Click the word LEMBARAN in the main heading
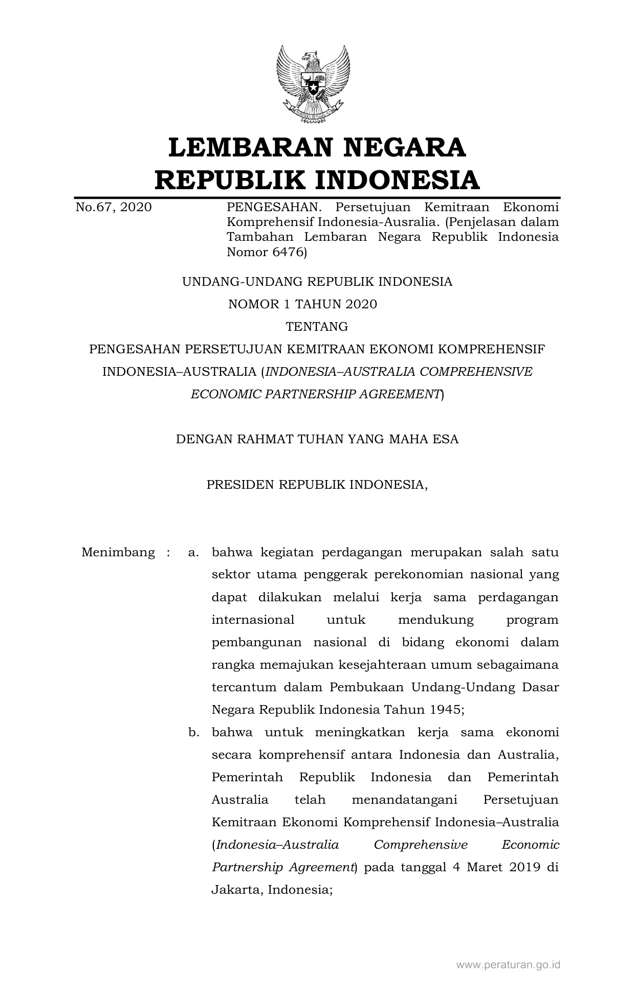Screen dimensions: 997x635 pyautogui.click(x=250, y=147)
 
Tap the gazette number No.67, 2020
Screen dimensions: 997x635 pyautogui.click(x=114, y=207)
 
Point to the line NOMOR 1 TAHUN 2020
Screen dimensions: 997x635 pyautogui.click(x=302, y=304)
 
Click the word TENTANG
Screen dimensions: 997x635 pyautogui.click(x=317, y=327)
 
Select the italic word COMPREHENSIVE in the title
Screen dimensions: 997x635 pyautogui.click(x=476, y=372)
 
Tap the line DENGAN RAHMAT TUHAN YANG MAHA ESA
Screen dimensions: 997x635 pyautogui.click(x=317, y=439)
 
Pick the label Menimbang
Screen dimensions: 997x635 pyautogui.click(x=118, y=552)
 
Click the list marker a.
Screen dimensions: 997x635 pyautogui.click(x=193, y=552)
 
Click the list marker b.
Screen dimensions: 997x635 pyautogui.click(x=193, y=732)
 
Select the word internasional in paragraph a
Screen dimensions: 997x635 pyautogui.click(x=253, y=620)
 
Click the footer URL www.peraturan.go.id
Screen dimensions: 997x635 pyautogui.click(x=508, y=965)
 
